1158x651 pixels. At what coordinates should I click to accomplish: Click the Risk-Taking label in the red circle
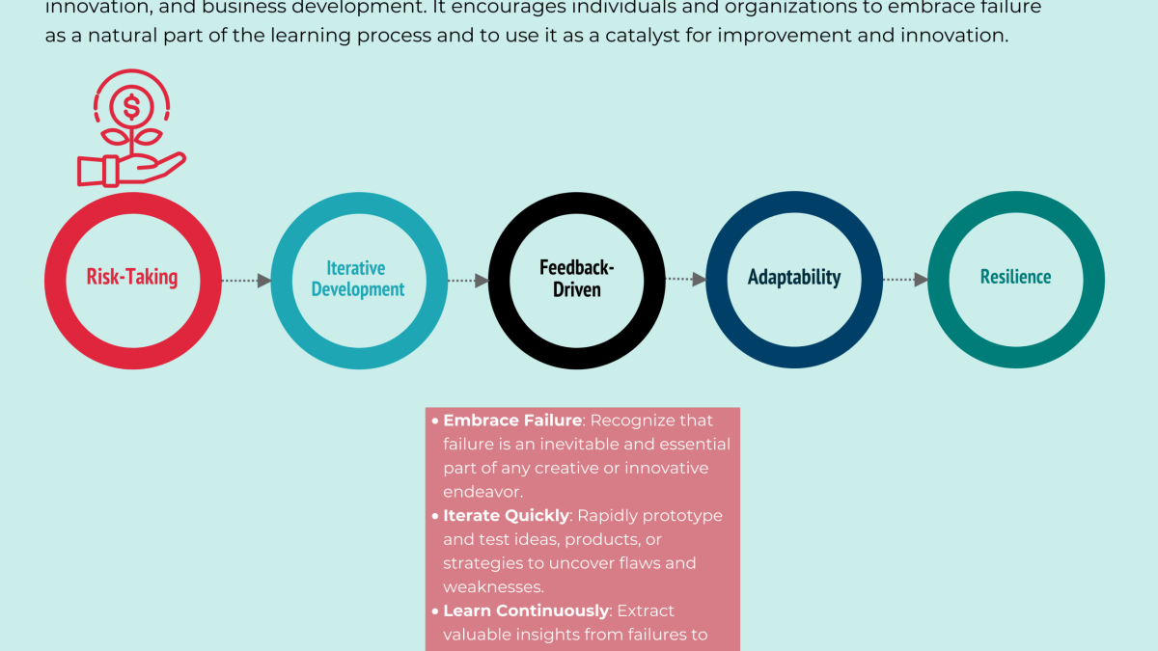tap(132, 278)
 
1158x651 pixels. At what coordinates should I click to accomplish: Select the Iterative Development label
tap(357, 279)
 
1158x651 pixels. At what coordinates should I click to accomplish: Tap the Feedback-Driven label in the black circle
tap(576, 278)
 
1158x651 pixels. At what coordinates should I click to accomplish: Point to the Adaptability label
tap(794, 278)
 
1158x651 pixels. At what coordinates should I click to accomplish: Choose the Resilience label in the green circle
tap(1015, 278)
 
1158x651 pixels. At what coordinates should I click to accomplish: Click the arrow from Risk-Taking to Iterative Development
tap(247, 281)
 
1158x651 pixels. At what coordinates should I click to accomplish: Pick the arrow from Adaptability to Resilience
tap(906, 280)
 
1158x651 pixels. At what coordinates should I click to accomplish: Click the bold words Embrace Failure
tap(512, 420)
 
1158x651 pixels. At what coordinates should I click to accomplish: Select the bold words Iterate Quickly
tap(506, 515)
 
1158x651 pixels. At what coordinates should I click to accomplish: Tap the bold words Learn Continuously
tap(526, 610)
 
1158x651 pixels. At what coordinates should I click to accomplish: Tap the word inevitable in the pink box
tap(561, 445)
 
